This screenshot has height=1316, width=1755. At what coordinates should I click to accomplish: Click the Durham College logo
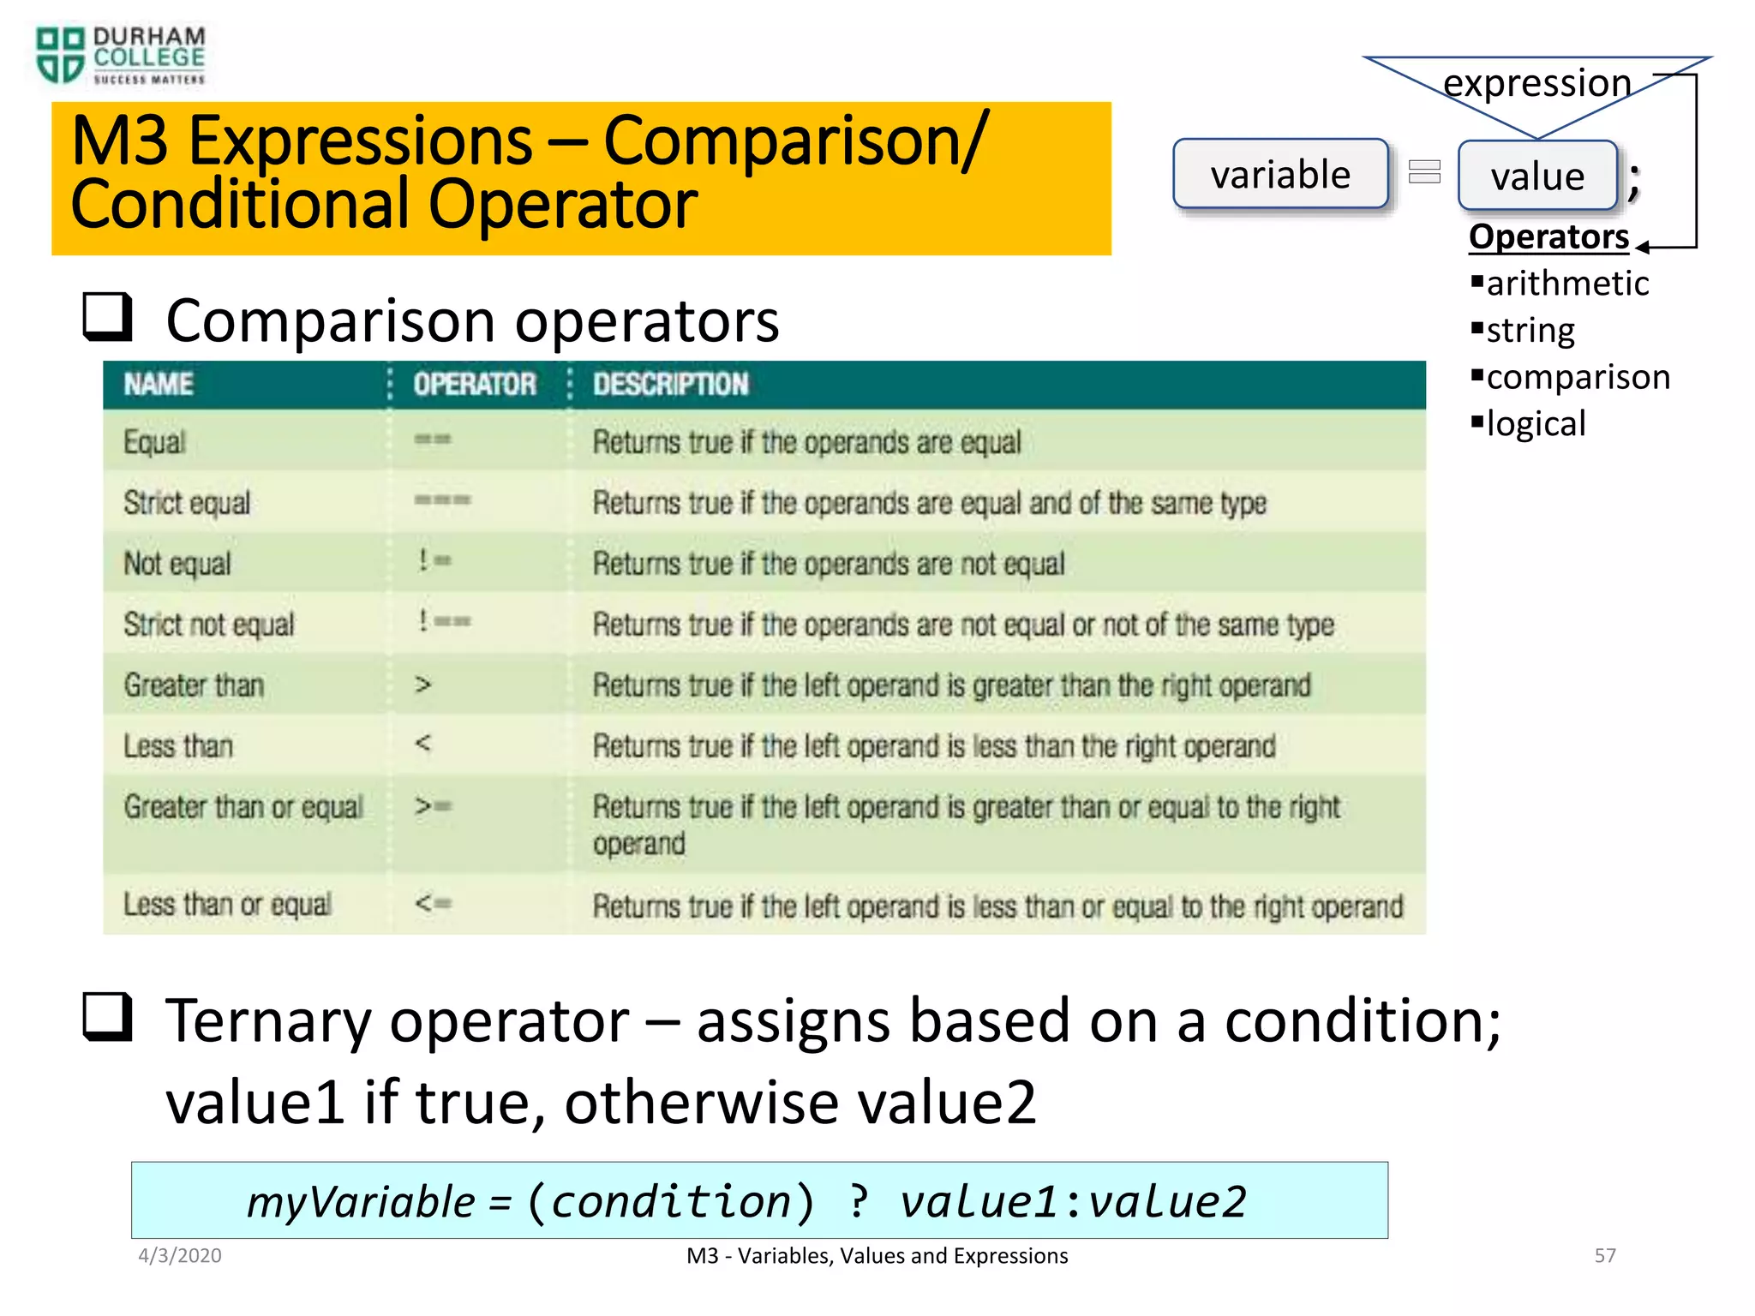click(120, 56)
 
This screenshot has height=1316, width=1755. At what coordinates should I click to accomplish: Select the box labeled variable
click(1280, 174)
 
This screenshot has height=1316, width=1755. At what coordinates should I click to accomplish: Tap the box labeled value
click(1537, 176)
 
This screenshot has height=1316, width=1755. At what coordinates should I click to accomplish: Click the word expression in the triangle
click(1536, 83)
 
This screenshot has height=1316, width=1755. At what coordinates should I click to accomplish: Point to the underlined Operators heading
click(1548, 236)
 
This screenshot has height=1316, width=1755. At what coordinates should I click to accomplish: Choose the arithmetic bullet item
click(1566, 284)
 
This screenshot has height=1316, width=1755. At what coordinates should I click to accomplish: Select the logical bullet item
click(1535, 424)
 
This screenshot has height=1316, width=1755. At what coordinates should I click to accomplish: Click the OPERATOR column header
click(475, 384)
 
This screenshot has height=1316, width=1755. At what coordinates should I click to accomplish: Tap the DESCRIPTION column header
click(670, 384)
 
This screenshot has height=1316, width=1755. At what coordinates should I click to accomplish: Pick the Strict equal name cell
click(187, 503)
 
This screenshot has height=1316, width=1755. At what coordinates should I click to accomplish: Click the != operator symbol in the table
click(434, 561)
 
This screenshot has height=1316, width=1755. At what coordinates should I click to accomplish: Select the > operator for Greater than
click(422, 685)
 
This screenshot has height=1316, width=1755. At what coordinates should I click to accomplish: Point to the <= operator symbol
click(433, 903)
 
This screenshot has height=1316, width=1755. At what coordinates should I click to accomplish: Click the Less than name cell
click(178, 746)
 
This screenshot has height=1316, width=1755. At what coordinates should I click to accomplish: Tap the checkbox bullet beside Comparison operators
click(107, 317)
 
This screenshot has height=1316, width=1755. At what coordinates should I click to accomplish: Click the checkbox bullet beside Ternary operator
click(107, 1017)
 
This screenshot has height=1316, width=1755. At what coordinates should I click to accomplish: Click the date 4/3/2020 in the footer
click(180, 1255)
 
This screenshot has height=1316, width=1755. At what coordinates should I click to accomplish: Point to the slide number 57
click(1604, 1255)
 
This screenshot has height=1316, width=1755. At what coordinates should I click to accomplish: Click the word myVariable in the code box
click(361, 1201)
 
